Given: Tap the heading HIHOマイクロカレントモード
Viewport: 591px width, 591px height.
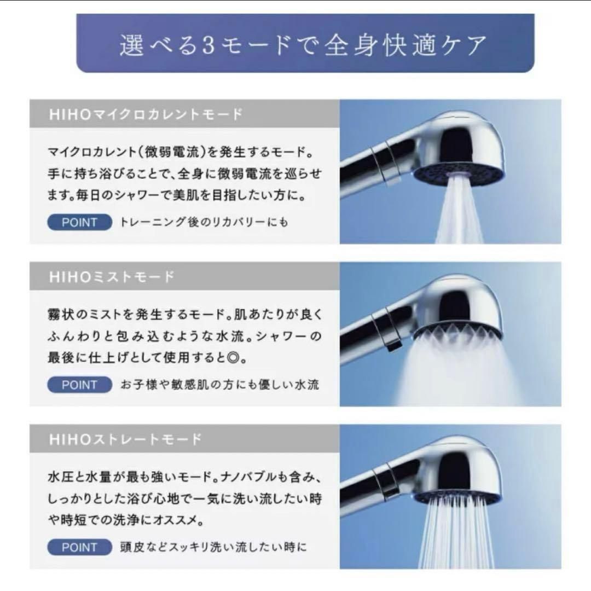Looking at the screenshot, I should (146, 114).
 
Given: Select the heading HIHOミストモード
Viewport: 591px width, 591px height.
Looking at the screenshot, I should (112, 277).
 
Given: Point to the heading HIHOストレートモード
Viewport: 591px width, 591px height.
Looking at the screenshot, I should (125, 439).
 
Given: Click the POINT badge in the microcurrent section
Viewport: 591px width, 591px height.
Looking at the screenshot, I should (79, 223).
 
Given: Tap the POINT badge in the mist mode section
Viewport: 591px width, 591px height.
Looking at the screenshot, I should (79, 385).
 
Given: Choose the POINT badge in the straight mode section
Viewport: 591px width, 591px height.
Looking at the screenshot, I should (79, 547).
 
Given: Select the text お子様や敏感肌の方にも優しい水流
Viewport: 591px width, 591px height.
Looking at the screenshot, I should (219, 385).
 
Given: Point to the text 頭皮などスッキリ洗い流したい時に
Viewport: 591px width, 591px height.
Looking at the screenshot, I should (213, 547).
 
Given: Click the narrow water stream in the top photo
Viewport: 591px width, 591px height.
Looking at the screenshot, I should (459, 213).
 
